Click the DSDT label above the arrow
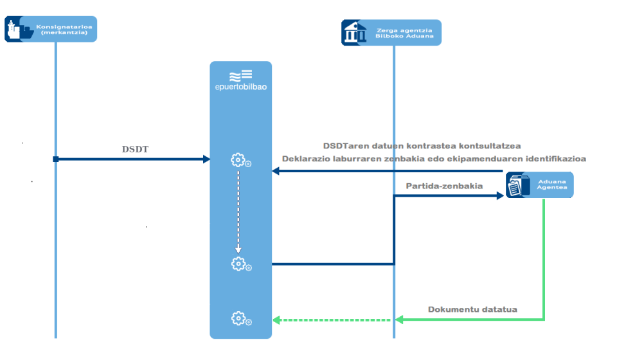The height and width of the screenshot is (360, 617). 135,150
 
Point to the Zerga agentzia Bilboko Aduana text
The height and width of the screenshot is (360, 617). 404,33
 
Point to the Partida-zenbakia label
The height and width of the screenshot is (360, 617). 444,186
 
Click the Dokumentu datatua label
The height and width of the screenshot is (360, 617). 472,310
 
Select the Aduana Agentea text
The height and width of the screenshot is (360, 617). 552,184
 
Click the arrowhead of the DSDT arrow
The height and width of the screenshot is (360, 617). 206,159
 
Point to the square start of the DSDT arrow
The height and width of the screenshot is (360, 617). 56,159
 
